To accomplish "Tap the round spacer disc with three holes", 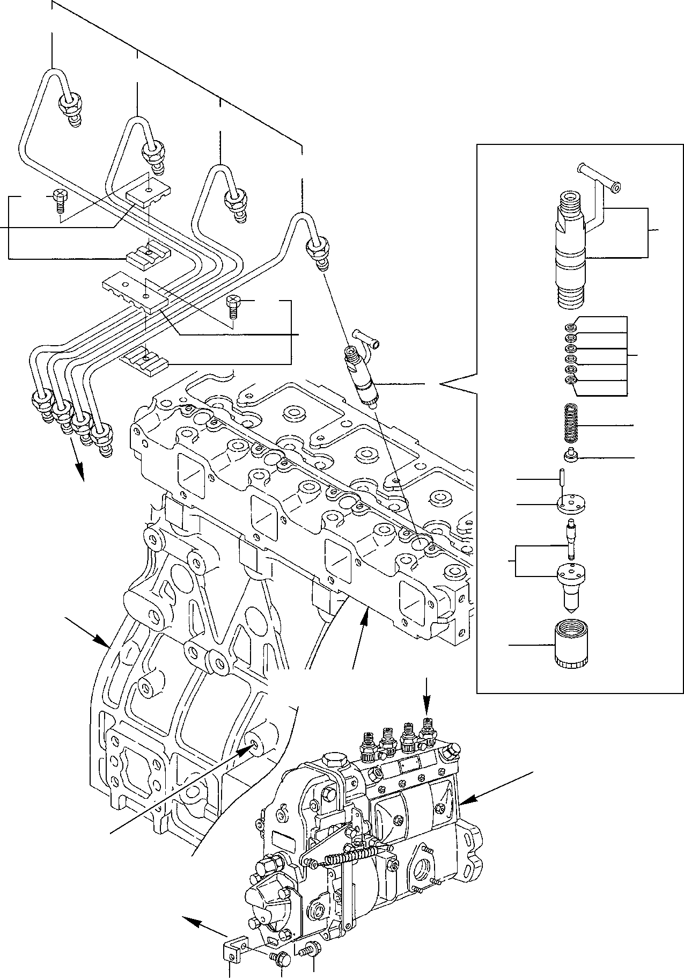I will (571, 504).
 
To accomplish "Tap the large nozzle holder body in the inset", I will (572, 252).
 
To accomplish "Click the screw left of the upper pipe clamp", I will (59, 202).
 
